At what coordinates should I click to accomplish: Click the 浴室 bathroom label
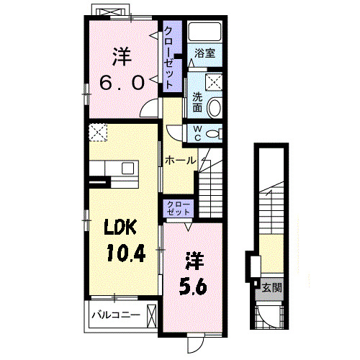click(x=204, y=53)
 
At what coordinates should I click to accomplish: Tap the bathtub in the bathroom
click(x=204, y=32)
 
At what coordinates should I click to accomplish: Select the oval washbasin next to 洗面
click(x=214, y=108)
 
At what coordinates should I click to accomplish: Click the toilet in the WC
click(x=214, y=133)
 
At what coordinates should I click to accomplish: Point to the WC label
click(x=197, y=133)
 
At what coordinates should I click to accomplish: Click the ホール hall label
click(x=180, y=161)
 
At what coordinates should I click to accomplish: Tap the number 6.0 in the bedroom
click(x=122, y=82)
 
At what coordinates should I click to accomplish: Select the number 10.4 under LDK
click(x=126, y=253)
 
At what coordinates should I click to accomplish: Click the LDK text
click(x=120, y=227)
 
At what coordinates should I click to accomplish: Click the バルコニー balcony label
click(x=116, y=315)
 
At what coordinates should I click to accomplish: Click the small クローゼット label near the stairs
click(x=179, y=209)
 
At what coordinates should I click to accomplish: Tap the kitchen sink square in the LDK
click(x=127, y=168)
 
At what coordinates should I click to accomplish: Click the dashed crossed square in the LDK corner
click(x=98, y=132)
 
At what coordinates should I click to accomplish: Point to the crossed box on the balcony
click(x=152, y=316)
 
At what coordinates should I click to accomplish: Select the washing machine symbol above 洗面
click(x=214, y=82)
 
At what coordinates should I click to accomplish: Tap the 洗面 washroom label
click(x=197, y=102)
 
